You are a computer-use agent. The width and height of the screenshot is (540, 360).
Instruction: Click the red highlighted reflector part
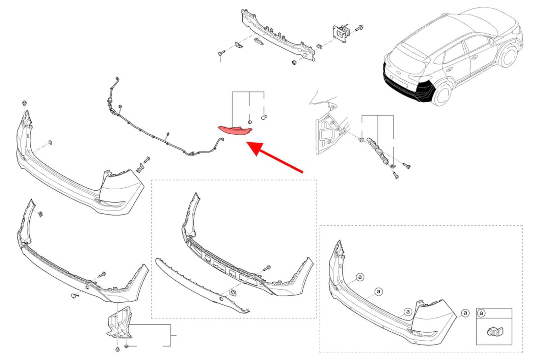tap(235, 131)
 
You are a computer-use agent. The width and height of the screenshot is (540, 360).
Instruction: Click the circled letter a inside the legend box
tap(482, 313)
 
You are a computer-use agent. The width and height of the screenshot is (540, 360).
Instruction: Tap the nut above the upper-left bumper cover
tap(24, 103)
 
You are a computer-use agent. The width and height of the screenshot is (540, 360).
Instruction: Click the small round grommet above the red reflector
tap(250, 122)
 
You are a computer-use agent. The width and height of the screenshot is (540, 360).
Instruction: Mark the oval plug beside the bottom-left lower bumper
tap(74, 296)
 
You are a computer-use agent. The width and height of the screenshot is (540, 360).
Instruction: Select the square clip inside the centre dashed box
tap(233, 292)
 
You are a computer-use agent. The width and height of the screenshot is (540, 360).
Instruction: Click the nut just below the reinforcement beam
tap(294, 62)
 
